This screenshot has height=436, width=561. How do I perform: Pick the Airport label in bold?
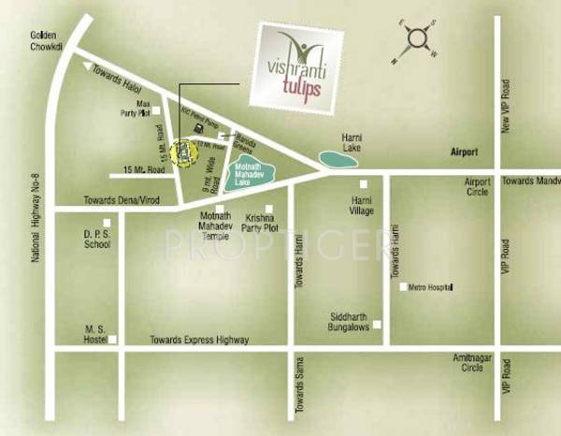point(464,152)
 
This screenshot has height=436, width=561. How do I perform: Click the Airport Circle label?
point(478,187)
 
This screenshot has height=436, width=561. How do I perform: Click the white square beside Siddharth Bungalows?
point(378,325)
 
